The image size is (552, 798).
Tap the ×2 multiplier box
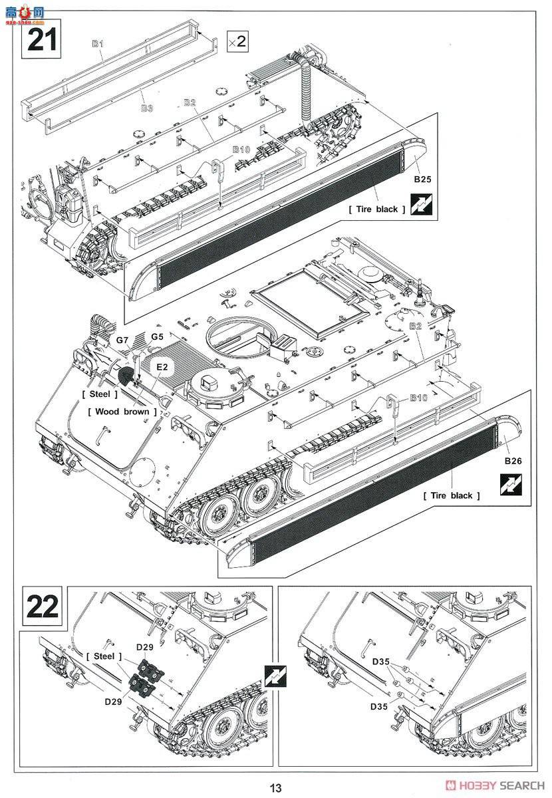tap(237, 41)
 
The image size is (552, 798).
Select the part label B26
tap(512, 462)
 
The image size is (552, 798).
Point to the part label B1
tap(98, 43)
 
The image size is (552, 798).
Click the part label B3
tap(146, 108)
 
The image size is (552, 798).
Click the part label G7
tap(122, 340)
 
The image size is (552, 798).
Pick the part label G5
tap(156, 337)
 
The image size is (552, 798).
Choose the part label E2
tap(162, 366)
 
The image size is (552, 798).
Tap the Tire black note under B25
tap(372, 209)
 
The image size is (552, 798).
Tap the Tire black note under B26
tap(448, 495)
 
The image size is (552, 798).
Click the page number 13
tap(276, 788)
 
